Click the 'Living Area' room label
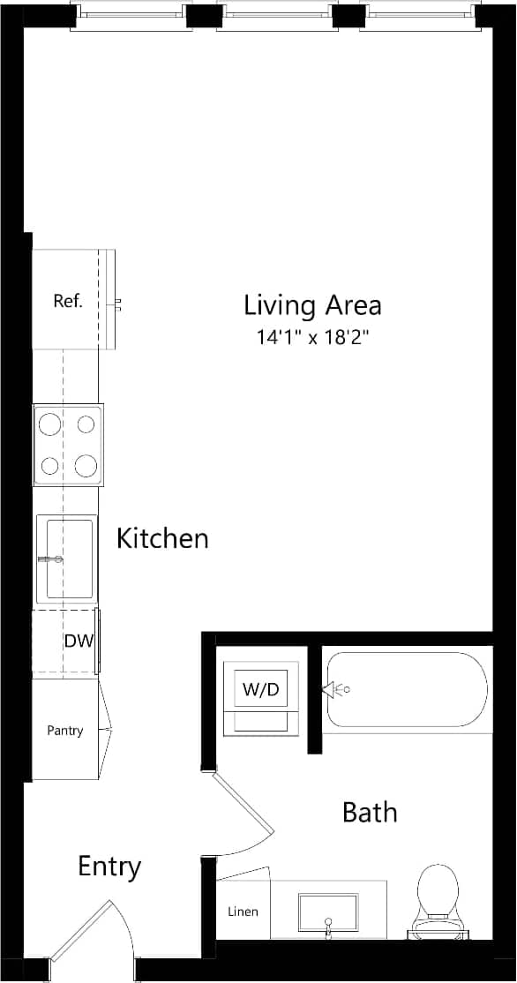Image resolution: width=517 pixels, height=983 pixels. click(x=312, y=305)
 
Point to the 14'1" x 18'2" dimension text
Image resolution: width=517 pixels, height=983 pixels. click(x=312, y=337)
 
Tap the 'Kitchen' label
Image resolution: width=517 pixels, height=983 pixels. click(x=162, y=538)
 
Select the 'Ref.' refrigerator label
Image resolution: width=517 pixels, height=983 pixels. click(x=68, y=301)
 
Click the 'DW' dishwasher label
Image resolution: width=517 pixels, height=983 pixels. click(x=79, y=642)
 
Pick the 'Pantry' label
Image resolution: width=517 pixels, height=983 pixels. click(x=65, y=731)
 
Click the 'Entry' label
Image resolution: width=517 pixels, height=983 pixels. click(x=109, y=867)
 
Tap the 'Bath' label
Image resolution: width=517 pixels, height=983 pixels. click(x=370, y=812)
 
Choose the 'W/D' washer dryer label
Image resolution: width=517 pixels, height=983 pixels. click(x=260, y=691)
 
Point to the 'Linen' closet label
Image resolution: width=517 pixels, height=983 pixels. click(x=243, y=911)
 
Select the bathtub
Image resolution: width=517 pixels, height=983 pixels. click(x=406, y=691)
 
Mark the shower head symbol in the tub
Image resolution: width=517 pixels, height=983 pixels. click(x=336, y=689)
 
